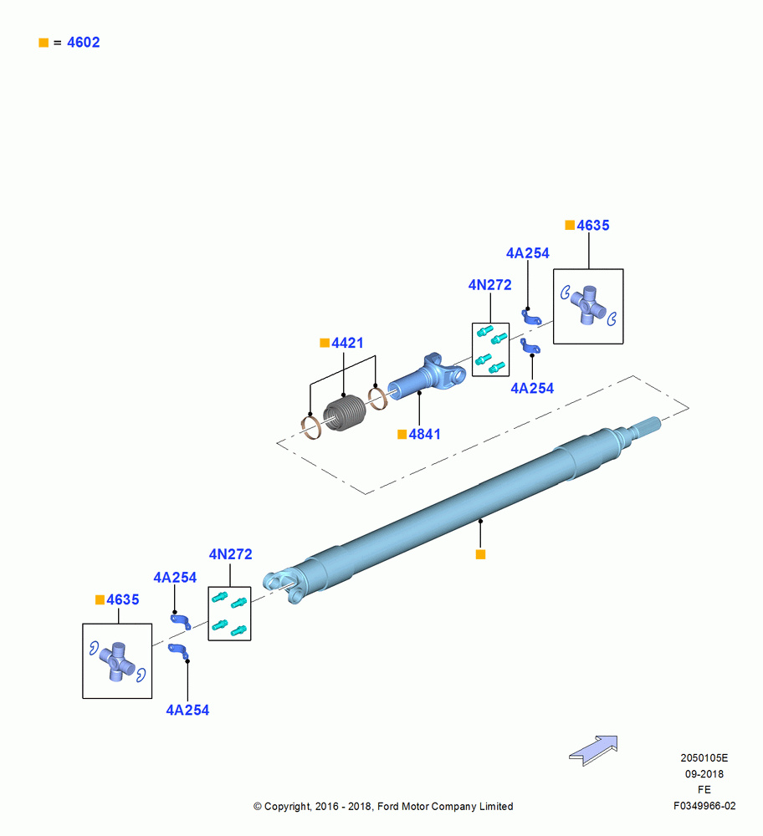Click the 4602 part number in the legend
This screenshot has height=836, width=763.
[83, 43]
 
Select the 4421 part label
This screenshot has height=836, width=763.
[347, 343]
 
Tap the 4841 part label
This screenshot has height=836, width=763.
[425, 435]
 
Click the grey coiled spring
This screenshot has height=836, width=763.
[345, 413]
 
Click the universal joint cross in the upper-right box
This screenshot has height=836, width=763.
[588, 305]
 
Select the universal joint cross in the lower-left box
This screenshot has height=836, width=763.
[118, 661]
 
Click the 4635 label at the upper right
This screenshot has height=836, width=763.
[593, 226]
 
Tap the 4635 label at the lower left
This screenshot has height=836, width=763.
[123, 599]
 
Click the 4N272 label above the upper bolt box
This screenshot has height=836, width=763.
[489, 285]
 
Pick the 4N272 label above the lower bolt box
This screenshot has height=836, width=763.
[231, 554]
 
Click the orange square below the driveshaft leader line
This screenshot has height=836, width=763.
[480, 554]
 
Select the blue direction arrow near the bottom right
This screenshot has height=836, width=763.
[593, 750]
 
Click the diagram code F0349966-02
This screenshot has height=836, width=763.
[704, 806]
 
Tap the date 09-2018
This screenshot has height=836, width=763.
[704, 774]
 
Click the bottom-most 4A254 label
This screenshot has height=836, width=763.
[187, 710]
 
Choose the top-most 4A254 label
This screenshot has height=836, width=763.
[528, 253]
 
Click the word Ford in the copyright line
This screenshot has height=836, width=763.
[388, 807]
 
